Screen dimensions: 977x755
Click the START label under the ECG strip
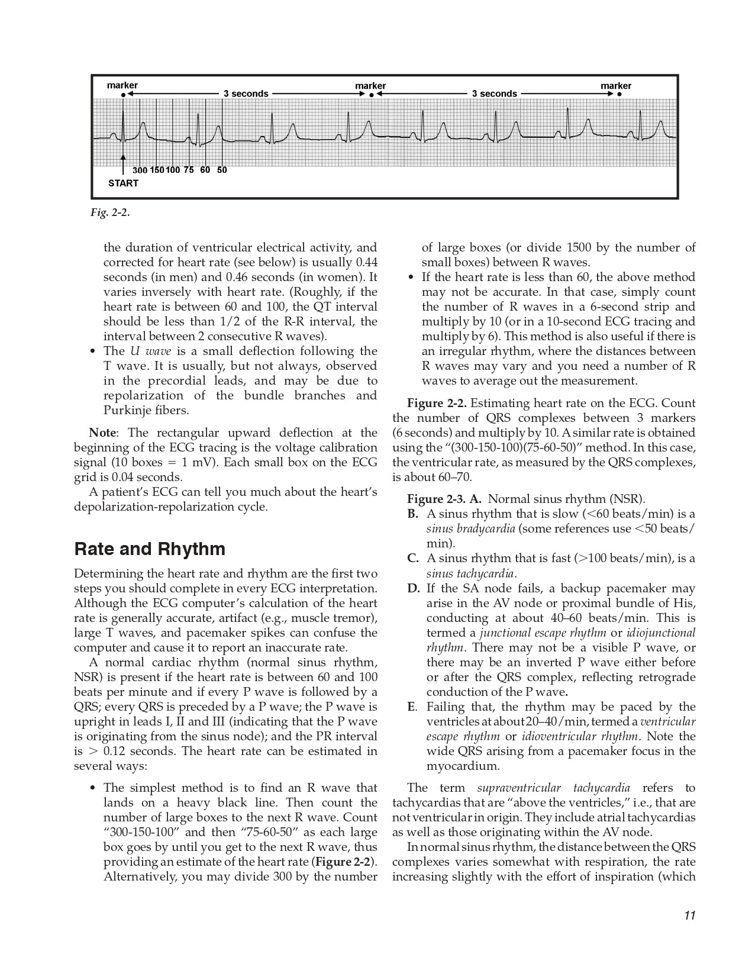[123, 183]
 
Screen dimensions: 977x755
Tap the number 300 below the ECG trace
[140, 170]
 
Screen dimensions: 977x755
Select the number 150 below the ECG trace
[157, 170]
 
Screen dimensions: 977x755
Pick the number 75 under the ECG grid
[189, 170]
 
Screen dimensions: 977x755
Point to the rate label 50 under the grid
[222, 170]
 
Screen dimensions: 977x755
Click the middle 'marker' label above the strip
[370, 86]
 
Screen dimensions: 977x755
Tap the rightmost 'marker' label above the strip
[616, 86]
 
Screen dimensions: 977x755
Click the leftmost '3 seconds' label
[246, 93]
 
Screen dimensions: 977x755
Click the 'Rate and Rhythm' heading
[150, 549]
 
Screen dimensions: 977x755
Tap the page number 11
[689, 915]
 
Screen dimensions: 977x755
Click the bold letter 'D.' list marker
[414, 588]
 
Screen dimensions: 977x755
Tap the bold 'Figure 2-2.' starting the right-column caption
[437, 403]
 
